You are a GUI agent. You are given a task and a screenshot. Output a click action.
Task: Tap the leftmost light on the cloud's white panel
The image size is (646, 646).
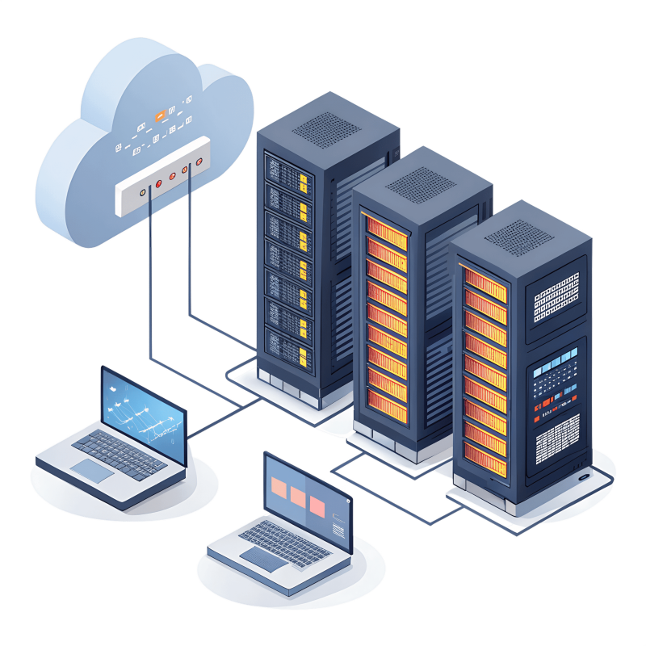click(143, 192)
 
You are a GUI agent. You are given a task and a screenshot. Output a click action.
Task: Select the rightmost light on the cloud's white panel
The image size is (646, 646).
click(186, 169)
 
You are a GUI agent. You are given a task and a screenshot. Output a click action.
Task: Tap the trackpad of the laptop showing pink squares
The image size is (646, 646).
click(262, 558)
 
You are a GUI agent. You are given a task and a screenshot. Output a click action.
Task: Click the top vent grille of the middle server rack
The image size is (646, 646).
click(421, 182)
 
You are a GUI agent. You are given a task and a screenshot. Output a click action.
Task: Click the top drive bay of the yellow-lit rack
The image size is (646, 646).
click(288, 172)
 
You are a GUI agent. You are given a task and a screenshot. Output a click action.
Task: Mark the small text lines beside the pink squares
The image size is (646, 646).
click(338, 529)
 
